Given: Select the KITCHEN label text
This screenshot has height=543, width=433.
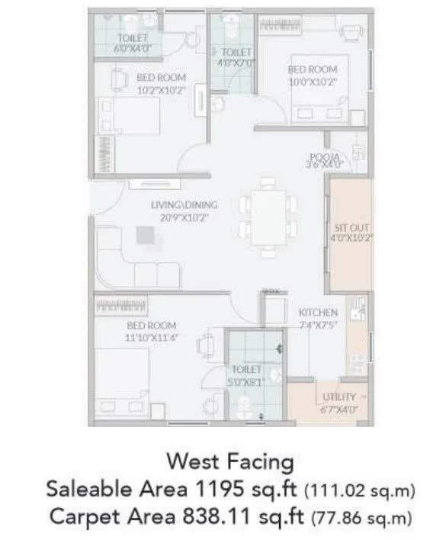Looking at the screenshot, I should [318, 313].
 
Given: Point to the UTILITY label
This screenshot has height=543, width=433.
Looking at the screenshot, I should [340, 397].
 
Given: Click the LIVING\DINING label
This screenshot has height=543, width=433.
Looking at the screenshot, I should [184, 204].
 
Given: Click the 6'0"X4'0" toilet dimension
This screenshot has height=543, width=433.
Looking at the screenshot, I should [132, 47].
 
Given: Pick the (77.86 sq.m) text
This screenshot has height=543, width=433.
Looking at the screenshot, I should [361, 517].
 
